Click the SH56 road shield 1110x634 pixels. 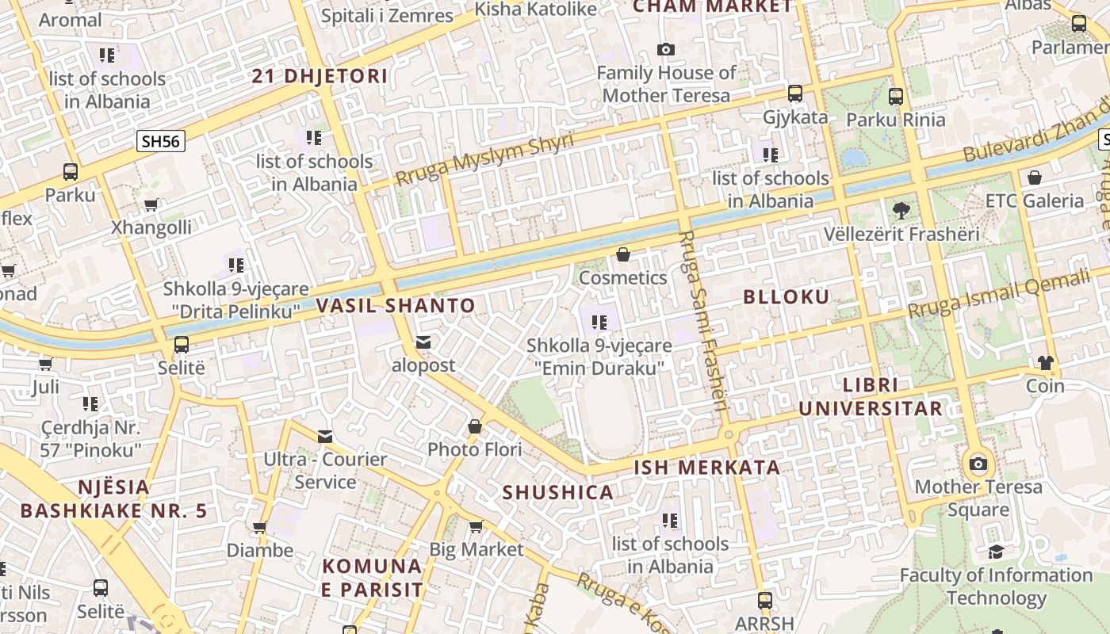(x=161, y=142)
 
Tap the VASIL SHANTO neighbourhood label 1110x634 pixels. (x=396, y=305)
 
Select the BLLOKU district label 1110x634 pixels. (x=786, y=297)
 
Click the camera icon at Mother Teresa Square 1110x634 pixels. (x=978, y=464)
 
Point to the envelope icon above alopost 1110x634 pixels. (x=423, y=342)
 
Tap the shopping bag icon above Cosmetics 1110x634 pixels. (x=623, y=255)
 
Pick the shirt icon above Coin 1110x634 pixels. (x=1045, y=363)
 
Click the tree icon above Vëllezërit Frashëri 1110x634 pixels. (x=901, y=211)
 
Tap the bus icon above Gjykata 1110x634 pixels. (x=795, y=94)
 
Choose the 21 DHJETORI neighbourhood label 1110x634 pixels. (x=320, y=77)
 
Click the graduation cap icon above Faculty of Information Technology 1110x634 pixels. (x=996, y=552)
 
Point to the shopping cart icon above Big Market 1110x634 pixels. (x=476, y=526)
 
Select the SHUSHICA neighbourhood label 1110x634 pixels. (x=558, y=492)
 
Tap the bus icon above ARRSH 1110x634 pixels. (x=764, y=600)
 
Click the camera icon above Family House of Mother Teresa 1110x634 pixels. (x=666, y=50)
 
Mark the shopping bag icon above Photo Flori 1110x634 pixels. (x=474, y=426)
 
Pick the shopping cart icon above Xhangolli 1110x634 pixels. (x=151, y=204)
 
